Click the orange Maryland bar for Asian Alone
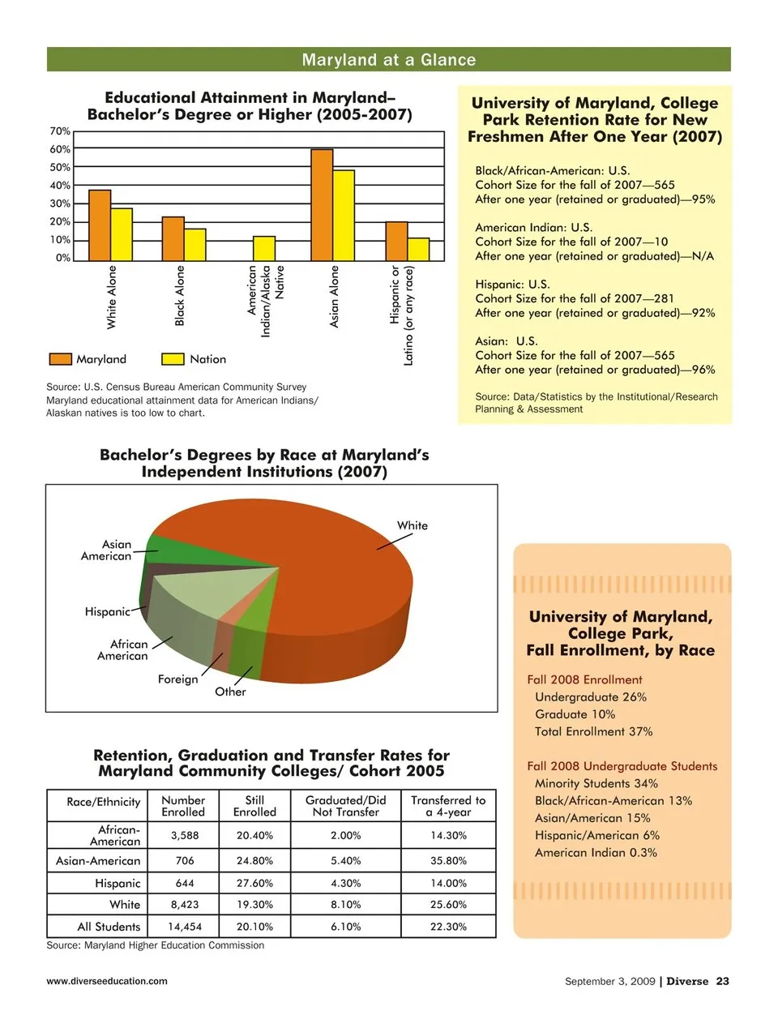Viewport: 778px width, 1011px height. pyautogui.click(x=322, y=204)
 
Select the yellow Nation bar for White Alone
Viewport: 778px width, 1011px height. pyautogui.click(x=122, y=234)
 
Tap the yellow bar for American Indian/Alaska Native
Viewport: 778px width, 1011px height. pyautogui.click(x=264, y=248)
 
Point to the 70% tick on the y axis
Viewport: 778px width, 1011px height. pyautogui.click(x=60, y=131)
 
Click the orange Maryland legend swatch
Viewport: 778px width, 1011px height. pyautogui.click(x=61, y=359)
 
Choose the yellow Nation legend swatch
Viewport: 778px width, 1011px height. pyautogui.click(x=173, y=359)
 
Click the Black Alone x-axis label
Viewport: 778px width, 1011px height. pyautogui.click(x=180, y=296)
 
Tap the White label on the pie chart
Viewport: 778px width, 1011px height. pyautogui.click(x=412, y=525)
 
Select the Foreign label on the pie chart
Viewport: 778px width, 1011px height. pyautogui.click(x=177, y=679)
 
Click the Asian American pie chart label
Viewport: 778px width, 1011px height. pyautogui.click(x=106, y=550)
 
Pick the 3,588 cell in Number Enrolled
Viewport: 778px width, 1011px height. pyautogui.click(x=184, y=835)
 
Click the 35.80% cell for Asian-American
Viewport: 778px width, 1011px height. pyautogui.click(x=448, y=861)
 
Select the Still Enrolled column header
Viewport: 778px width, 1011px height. pyautogui.click(x=254, y=806)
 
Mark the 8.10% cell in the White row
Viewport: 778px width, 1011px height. pyautogui.click(x=345, y=905)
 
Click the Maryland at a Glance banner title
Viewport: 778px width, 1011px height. pyautogui.click(x=389, y=60)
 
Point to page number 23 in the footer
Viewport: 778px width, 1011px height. pyautogui.click(x=722, y=981)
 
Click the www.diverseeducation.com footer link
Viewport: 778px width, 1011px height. pyautogui.click(x=107, y=981)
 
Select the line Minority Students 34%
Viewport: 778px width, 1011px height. pyautogui.click(x=596, y=783)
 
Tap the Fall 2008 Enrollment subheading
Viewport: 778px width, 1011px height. pyautogui.click(x=584, y=679)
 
